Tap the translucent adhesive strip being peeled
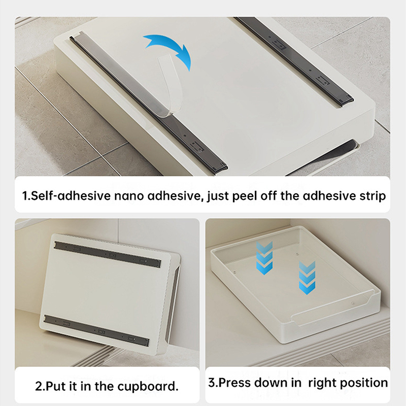(x=170, y=85)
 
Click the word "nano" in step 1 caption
(x=129, y=196)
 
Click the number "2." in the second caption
(x=40, y=386)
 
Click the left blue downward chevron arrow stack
(x=264, y=258)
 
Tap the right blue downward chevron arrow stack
(x=307, y=278)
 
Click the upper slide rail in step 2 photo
(x=108, y=254)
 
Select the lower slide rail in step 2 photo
(x=96, y=331)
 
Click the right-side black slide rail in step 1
(x=294, y=61)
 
